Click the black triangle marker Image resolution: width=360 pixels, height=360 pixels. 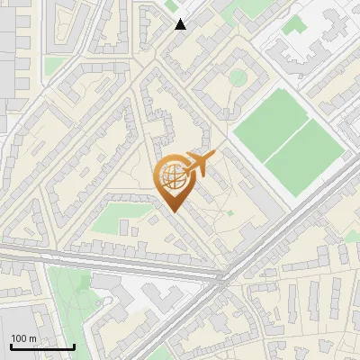181,23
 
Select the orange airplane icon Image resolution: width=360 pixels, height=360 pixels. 201,163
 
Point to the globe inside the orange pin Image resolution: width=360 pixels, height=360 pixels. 174,175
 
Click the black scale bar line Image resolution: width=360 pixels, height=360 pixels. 42,346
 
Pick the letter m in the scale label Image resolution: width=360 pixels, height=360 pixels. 33,338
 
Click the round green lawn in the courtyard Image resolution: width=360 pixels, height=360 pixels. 238,77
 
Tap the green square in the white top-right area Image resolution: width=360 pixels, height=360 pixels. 292,27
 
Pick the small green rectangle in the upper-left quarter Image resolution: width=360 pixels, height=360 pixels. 56,65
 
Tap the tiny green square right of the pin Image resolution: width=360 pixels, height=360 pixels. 229,213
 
